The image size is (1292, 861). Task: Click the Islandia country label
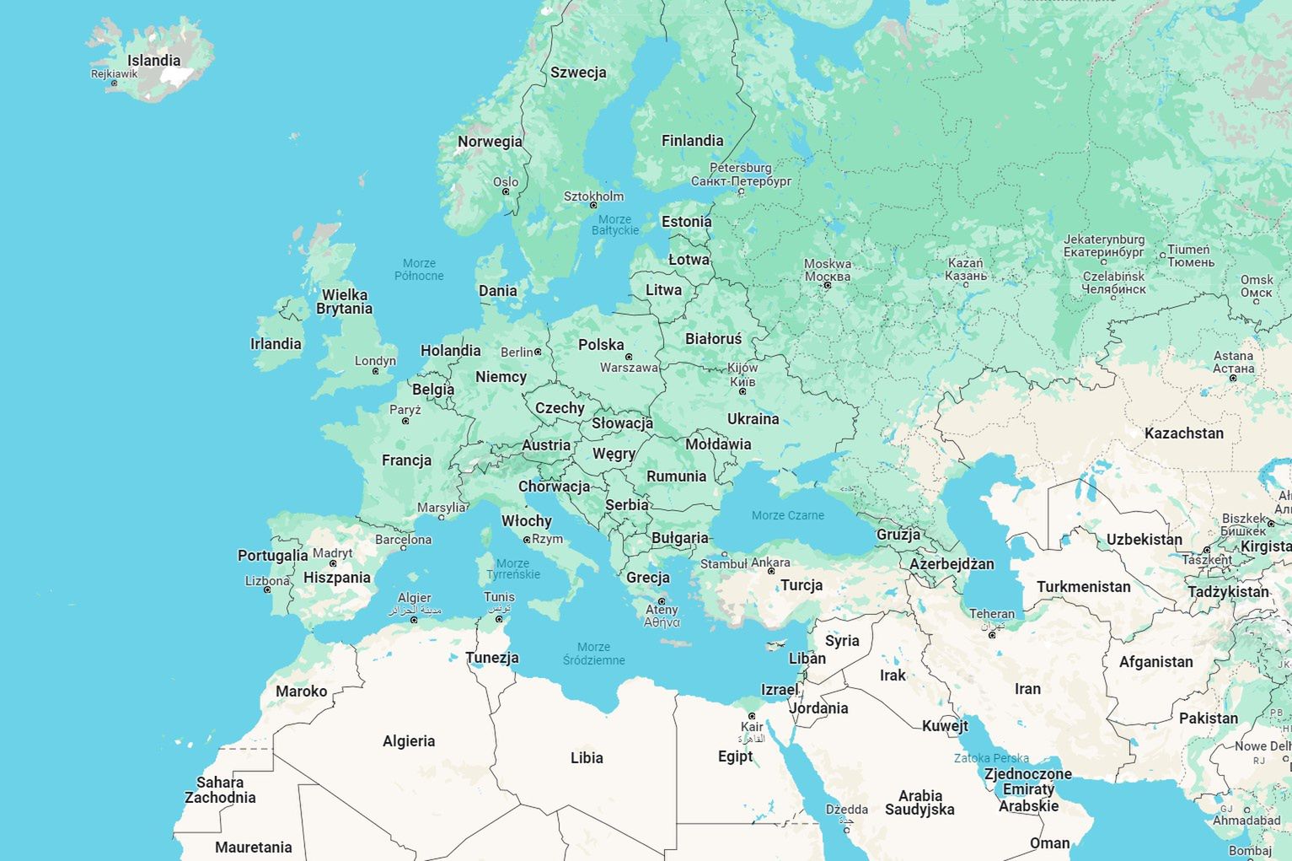tap(153, 61)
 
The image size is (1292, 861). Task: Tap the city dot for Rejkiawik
tap(115, 83)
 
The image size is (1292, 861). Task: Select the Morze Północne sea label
tap(419, 270)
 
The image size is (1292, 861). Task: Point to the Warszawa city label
tap(629, 368)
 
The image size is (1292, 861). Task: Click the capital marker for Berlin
tap(538, 352)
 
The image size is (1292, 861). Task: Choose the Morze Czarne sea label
tap(787, 515)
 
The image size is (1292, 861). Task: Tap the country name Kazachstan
tap(1183, 433)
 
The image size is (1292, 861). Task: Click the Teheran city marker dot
tap(992, 634)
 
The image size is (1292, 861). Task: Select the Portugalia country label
tap(272, 556)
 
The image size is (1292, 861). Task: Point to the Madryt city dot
tap(333, 563)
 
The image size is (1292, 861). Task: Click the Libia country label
tap(587, 758)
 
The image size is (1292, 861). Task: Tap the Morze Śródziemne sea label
tap(593, 654)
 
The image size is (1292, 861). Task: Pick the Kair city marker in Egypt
tap(752, 716)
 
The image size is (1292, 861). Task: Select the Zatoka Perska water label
tap(991, 758)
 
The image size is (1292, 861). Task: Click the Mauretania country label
tap(253, 848)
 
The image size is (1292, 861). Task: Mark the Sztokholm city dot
tap(593, 206)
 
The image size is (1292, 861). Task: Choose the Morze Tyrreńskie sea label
tap(512, 569)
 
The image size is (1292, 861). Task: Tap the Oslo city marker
tap(506, 191)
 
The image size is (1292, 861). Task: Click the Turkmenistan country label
tap(1083, 587)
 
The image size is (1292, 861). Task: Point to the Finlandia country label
tap(692, 141)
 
